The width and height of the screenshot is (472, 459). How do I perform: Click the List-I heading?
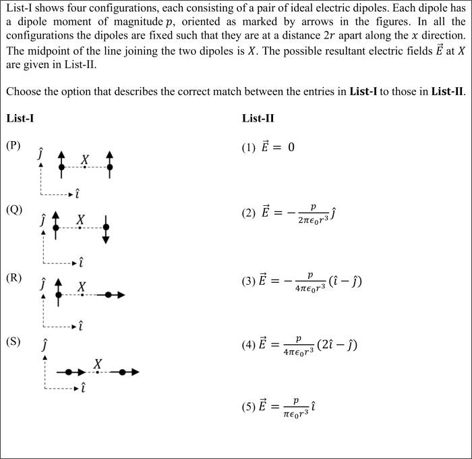[x=20, y=119]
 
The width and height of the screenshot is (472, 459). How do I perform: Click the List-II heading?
[x=258, y=119]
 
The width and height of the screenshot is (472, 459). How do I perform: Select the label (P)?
[x=13, y=145]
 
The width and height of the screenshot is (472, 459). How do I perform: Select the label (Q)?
[x=13, y=209]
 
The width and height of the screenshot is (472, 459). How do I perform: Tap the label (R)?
[x=13, y=277]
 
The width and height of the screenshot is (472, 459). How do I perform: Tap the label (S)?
[x=13, y=341]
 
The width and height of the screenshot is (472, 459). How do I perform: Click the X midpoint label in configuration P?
[x=85, y=159]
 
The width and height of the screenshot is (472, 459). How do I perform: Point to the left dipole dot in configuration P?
[x=61, y=167]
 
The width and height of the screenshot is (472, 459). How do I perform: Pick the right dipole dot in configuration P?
[x=110, y=167]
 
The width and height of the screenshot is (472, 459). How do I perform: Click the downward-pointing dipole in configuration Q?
[x=106, y=230]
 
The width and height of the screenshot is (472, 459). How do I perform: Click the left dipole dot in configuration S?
[x=69, y=372]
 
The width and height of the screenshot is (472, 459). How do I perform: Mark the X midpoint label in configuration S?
[x=98, y=363]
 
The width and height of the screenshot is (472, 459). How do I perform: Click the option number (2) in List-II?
[x=248, y=213]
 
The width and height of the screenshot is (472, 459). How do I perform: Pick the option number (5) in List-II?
[x=248, y=407]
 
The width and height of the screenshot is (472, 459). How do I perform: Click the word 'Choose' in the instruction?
[x=24, y=91]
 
